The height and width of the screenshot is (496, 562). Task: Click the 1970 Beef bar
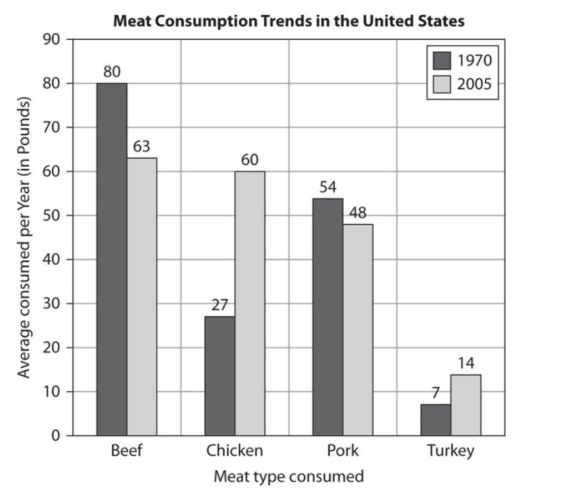pyautogui.click(x=112, y=260)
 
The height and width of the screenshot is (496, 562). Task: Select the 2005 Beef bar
pyautogui.click(x=141, y=297)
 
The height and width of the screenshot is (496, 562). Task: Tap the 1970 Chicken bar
pyautogui.click(x=220, y=376)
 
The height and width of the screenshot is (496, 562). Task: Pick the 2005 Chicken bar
pyautogui.click(x=250, y=303)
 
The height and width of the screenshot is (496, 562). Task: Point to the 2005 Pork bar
pyautogui.click(x=358, y=330)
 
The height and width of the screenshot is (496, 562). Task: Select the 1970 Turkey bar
pyautogui.click(x=435, y=420)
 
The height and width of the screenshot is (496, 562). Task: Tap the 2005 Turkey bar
pyautogui.click(x=465, y=405)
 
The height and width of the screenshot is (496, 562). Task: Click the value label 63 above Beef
pyautogui.click(x=141, y=147)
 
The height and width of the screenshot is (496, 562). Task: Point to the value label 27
pyautogui.click(x=220, y=305)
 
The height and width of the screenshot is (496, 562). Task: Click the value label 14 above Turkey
pyautogui.click(x=466, y=363)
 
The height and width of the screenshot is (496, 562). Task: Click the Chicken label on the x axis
pyautogui.click(x=234, y=451)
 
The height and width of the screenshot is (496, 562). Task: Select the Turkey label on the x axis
pyautogui.click(x=451, y=451)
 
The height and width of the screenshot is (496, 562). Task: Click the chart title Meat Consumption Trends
pyautogui.click(x=289, y=21)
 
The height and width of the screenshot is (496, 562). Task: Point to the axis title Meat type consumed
pyautogui.click(x=289, y=477)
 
